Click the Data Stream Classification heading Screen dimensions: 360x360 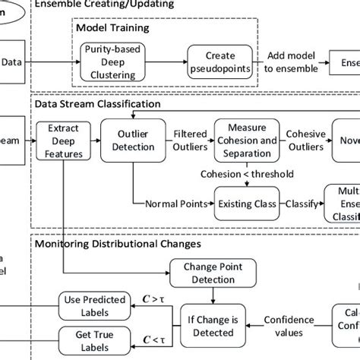(97, 102)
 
